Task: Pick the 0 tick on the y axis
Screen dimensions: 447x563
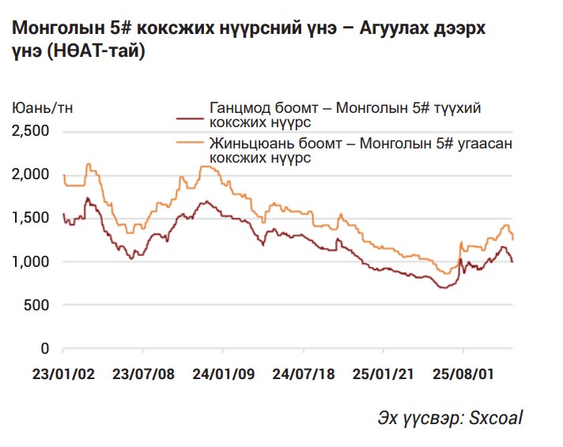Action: coord(46,348)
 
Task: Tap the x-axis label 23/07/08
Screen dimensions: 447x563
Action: coord(142,373)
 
